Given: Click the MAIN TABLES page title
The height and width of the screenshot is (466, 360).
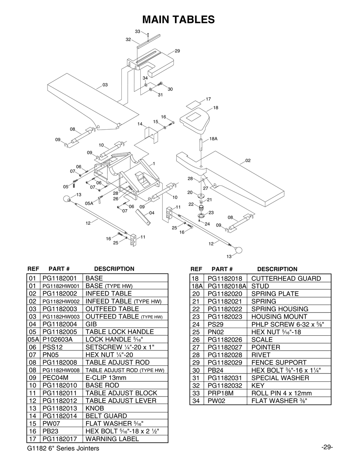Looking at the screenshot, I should coord(179,19).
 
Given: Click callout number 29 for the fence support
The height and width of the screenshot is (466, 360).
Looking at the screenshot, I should coord(177,51).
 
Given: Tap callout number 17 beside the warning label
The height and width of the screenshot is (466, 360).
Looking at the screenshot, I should coord(208,99).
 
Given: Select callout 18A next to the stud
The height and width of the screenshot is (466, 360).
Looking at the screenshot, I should coord(213,139).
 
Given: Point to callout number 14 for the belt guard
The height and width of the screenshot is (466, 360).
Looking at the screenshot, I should coord(140,124).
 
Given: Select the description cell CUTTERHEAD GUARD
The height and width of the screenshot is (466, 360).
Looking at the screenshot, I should coord(286,278).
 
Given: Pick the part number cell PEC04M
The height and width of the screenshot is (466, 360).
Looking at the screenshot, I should coord(55,378).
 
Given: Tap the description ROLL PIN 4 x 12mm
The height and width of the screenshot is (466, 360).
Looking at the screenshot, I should coord(281,393).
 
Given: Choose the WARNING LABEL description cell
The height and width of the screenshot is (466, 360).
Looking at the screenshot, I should coord(112,439).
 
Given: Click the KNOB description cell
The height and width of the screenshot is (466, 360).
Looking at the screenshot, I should coord(95,408).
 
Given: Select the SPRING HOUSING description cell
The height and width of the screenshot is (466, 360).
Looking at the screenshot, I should coord(280,309).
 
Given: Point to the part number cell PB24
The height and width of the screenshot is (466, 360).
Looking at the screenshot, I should coord(216,370).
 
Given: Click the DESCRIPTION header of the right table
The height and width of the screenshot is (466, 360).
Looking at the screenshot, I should coord(277,269).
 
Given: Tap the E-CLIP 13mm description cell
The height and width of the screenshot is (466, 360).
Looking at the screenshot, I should coord(106,378).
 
